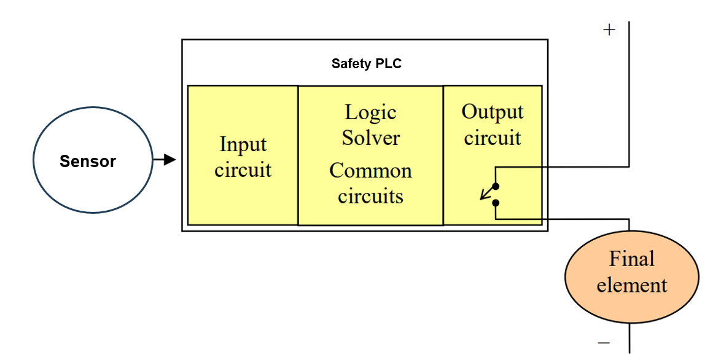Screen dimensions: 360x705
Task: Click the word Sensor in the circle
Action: click(x=87, y=162)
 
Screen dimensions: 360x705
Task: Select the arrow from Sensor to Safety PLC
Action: click(x=165, y=160)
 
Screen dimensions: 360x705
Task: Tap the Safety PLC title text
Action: click(x=366, y=63)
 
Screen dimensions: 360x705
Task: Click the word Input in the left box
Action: click(x=243, y=145)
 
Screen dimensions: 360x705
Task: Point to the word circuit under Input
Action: click(x=243, y=170)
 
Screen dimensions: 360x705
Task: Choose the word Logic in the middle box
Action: click(x=370, y=112)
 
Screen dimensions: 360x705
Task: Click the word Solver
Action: click(x=370, y=138)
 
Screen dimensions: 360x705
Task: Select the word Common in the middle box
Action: click(x=370, y=171)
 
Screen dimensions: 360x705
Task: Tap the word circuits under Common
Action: click(x=370, y=197)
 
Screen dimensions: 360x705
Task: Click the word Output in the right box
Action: click(x=493, y=112)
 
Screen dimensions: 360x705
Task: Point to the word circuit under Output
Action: click(x=493, y=138)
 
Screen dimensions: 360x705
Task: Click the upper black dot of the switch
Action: click(x=496, y=186)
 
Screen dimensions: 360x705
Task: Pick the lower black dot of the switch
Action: click(x=496, y=203)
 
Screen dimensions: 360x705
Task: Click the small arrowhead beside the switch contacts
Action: click(x=483, y=197)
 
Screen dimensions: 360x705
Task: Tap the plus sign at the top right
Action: click(x=609, y=29)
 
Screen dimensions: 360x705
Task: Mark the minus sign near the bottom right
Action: click(x=604, y=343)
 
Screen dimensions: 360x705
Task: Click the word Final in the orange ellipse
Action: click(x=631, y=259)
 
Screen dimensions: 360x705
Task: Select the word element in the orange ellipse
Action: click(x=631, y=286)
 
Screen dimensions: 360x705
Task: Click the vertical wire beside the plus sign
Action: click(x=629, y=92)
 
